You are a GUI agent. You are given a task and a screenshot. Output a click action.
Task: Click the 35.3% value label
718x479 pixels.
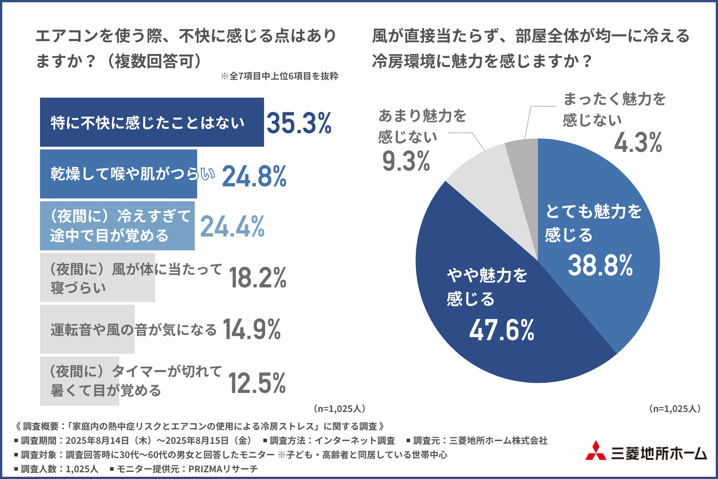coord(299,123)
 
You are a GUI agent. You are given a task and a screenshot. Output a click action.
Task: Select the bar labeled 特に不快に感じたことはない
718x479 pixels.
coord(151,122)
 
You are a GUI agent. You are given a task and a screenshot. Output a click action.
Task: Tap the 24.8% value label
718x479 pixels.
coord(254,176)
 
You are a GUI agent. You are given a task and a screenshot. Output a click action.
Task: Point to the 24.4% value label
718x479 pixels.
coord(232,227)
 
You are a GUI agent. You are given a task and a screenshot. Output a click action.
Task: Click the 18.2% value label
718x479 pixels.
coord(258,278)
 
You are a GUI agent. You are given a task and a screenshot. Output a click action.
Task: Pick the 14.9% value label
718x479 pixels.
coord(252,329)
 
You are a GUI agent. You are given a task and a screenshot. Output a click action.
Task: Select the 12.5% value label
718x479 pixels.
coord(257,383)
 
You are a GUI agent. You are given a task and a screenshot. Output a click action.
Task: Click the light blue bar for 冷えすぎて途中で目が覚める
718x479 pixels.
coord(117,226)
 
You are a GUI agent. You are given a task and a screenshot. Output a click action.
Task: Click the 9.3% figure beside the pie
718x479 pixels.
coord(406,161)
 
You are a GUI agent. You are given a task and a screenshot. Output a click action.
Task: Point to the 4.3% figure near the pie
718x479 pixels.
coord(638,143)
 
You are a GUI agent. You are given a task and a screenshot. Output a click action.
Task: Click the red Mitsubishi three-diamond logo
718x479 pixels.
coord(596,451)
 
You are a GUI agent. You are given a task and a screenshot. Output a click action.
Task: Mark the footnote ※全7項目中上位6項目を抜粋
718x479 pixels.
coord(279,76)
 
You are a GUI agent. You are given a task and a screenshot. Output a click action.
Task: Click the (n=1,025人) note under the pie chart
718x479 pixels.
coord(675,409)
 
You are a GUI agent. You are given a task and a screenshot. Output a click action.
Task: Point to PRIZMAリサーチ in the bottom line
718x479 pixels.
coord(223,469)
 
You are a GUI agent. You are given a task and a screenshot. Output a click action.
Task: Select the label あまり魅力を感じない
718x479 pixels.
coord(422,126)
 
